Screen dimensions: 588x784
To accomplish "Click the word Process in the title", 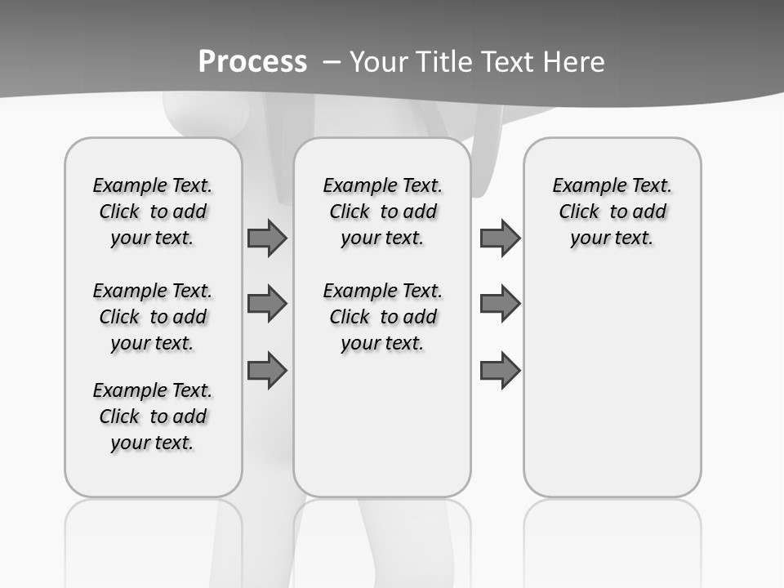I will pos(252,62).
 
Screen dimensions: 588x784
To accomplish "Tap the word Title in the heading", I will pos(446,62).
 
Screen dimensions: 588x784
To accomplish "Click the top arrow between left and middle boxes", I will pos(267,238).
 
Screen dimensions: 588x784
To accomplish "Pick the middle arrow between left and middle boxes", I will pos(267,304).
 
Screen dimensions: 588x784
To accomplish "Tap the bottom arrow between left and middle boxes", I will pos(267,370).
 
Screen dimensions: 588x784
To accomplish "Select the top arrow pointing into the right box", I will pos(500,238).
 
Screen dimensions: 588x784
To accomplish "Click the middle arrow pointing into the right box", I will pos(500,304).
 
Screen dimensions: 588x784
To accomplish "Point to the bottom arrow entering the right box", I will pos(500,370).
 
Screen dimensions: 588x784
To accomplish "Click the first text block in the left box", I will pos(153,212).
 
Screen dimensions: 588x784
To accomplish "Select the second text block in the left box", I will pos(153,317).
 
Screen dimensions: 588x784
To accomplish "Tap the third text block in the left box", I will pos(153,416).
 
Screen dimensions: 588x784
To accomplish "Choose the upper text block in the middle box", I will pos(382,212).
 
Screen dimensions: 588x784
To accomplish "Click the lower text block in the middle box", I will pos(382,317).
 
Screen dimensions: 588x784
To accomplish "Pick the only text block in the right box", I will pos(612,212).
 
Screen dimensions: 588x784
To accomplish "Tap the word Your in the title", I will pos(379,62).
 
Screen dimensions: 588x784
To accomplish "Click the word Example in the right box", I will pos(582,185).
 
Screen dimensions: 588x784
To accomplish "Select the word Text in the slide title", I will pos(511,62).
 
